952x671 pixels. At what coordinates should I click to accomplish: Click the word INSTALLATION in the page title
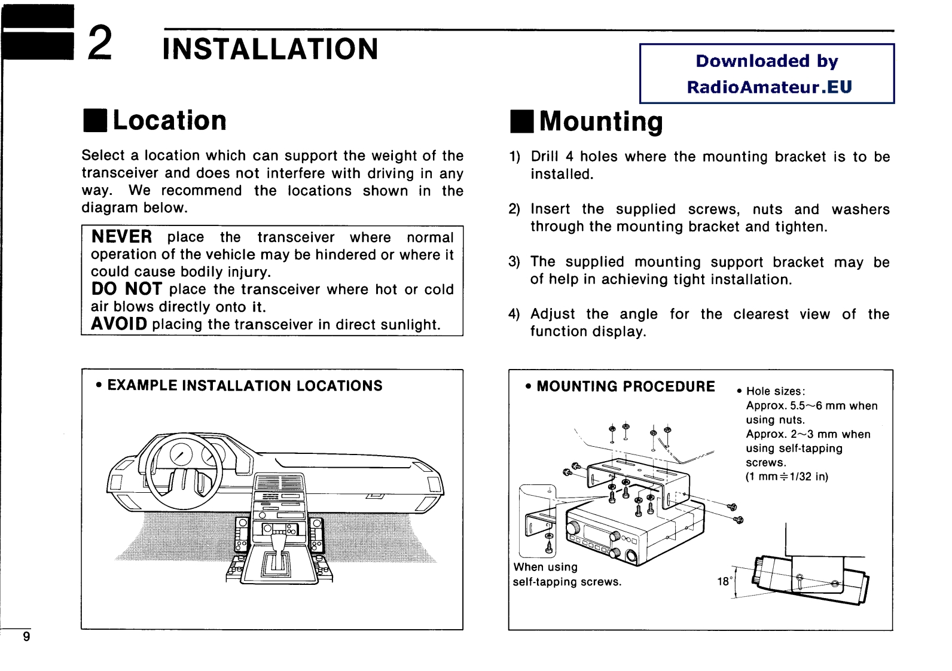click(270, 49)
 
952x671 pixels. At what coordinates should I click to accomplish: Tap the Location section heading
click(169, 120)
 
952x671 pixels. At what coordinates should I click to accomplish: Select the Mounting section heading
click(600, 121)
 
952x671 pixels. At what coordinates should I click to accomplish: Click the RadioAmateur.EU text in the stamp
click(769, 87)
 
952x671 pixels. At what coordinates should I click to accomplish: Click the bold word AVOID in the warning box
click(119, 324)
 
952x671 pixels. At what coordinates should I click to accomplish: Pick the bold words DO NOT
click(126, 289)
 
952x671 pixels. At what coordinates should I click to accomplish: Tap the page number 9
click(26, 636)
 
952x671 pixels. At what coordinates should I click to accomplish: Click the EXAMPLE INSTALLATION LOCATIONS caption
click(245, 386)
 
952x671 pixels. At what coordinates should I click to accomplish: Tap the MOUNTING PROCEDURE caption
click(625, 386)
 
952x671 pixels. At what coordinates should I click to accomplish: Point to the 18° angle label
click(724, 581)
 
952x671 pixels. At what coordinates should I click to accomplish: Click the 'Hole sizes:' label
click(776, 391)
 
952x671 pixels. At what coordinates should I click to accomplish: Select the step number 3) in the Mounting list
click(514, 262)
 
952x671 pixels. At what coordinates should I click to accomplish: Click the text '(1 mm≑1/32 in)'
click(786, 477)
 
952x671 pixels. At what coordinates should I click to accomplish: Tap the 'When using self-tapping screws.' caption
click(566, 574)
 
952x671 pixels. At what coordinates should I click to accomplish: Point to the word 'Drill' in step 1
click(544, 157)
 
